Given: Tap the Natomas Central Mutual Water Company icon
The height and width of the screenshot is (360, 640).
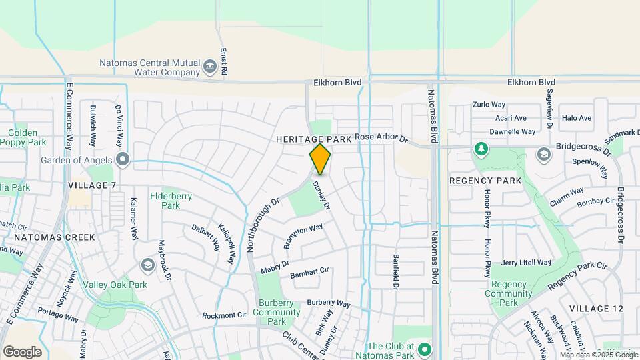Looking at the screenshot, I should point(210,65).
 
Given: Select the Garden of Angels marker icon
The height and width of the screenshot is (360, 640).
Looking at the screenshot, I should point(122,159).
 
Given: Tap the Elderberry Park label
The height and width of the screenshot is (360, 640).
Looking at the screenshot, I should point(165,201).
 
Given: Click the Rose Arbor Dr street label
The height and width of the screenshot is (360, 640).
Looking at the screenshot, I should point(381,137).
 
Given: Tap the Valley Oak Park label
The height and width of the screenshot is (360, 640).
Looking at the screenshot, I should point(115,285).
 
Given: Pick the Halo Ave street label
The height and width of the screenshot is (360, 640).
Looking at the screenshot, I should point(577,118).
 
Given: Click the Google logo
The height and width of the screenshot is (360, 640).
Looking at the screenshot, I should point(22,352).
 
